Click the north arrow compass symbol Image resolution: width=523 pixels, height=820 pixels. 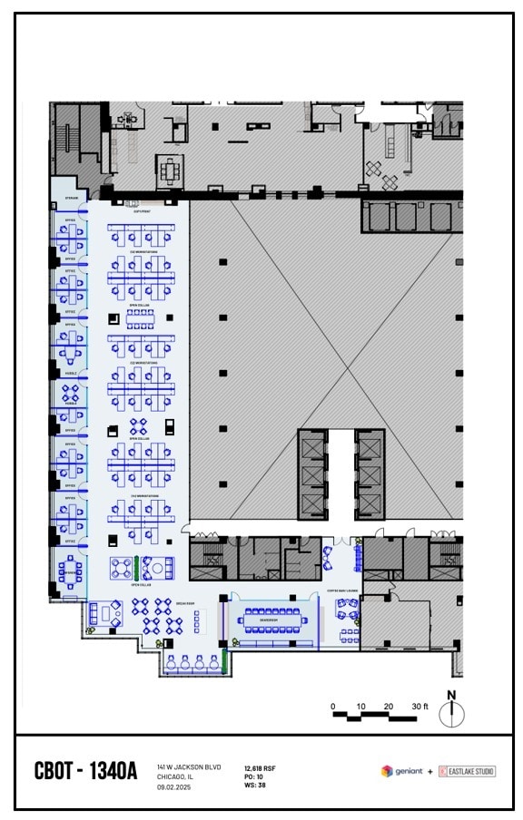[451, 715]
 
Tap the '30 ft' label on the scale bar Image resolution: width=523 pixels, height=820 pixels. [419, 706]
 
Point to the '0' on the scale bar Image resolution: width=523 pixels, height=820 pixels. [333, 706]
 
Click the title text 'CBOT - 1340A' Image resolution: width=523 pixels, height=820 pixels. [85, 772]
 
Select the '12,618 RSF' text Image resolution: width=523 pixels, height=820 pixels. [261, 768]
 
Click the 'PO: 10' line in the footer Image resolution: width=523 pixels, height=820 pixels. [255, 777]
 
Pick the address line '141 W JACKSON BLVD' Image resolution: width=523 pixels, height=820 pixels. [189, 767]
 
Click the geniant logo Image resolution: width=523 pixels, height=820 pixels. [402, 772]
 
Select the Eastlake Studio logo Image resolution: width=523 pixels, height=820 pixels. [467, 772]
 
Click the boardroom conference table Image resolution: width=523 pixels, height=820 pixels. [273, 621]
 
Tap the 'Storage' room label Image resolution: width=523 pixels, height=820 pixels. [70, 199]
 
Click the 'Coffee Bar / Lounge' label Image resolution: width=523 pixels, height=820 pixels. [342, 591]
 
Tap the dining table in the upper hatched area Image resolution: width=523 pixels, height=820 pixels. [170, 169]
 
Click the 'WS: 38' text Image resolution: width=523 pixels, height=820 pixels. [255, 786]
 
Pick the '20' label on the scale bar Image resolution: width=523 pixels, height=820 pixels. [389, 706]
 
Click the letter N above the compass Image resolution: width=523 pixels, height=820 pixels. [451, 696]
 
